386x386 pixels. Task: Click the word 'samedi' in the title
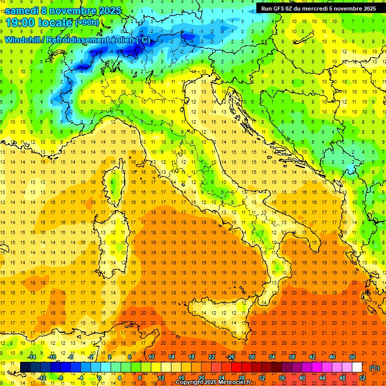click(x=22, y=11)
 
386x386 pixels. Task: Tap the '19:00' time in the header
click(x=22, y=23)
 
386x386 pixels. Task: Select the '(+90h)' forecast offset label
click(x=87, y=23)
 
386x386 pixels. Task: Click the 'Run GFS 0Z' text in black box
click(x=277, y=8)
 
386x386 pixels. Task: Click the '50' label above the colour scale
click(x=352, y=356)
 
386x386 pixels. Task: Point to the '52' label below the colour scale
click(x=362, y=377)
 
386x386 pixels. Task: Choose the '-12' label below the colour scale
click(x=42, y=377)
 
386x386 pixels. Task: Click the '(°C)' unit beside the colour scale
click(x=374, y=368)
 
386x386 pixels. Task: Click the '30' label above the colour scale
click(x=251, y=356)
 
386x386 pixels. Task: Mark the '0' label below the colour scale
click(x=100, y=377)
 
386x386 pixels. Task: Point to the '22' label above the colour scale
click(x=211, y=356)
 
